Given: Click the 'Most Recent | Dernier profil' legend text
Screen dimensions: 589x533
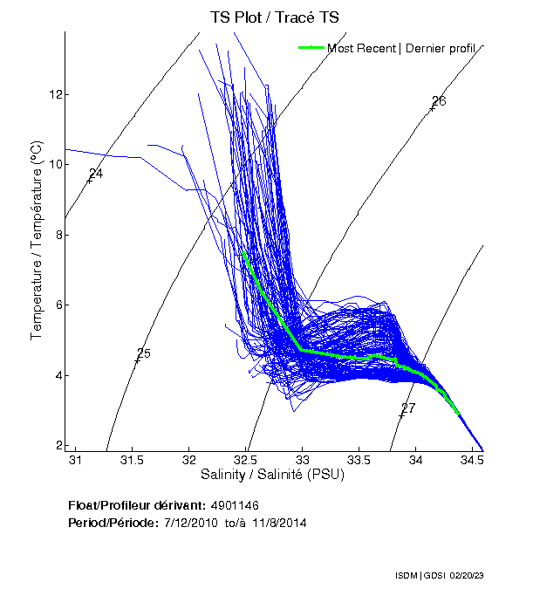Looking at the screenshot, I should pos(400,48).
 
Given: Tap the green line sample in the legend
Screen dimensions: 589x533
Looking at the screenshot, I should pos(311,48).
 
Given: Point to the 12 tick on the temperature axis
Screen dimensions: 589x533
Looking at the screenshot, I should pos(54,94).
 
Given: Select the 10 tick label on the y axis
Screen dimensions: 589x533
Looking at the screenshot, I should pos(54,164).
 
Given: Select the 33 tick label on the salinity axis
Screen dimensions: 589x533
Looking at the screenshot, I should pos(303,460).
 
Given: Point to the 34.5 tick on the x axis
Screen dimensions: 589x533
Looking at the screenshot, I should pos(472,460).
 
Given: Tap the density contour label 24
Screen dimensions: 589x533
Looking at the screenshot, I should pos(96,174).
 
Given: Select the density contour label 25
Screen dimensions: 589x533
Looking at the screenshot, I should pos(144,353).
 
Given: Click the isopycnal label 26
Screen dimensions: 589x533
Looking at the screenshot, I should pos(439,101).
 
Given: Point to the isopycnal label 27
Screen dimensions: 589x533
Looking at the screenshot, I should pos(408,408).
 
